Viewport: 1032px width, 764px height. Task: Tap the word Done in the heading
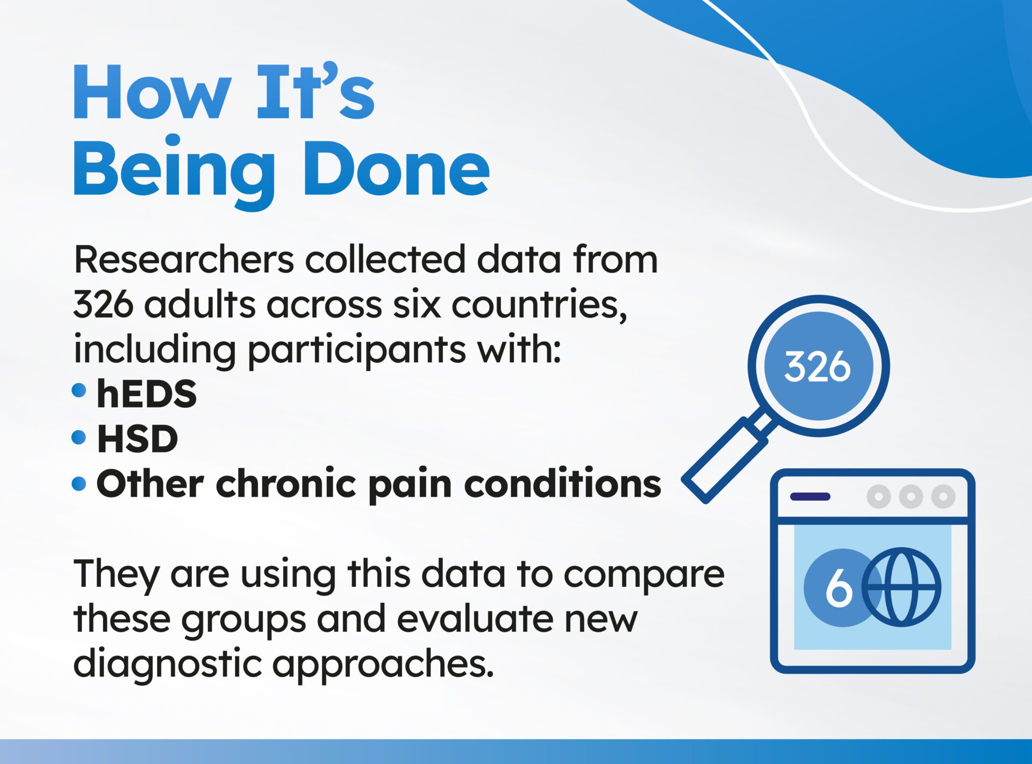point(396,169)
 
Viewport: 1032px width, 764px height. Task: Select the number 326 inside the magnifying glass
point(817,367)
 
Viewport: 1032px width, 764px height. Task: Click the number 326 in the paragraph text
point(103,305)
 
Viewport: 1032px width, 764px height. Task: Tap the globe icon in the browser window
point(901,587)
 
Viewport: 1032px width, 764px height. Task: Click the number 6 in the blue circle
point(839,588)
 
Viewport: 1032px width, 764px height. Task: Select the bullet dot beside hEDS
point(79,391)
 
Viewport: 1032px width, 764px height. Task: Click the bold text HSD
point(137,439)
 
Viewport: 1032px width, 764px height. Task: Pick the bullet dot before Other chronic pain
point(79,484)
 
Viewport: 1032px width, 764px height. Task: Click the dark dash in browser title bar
point(810,496)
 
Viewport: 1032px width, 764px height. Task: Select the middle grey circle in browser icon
point(911,496)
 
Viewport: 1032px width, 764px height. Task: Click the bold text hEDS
point(146,394)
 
